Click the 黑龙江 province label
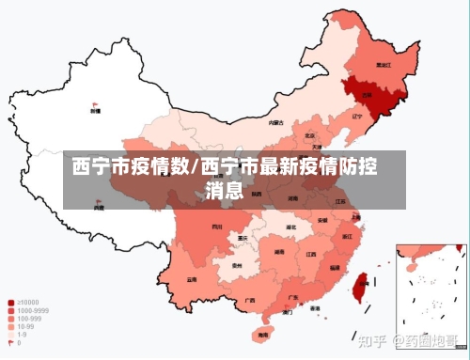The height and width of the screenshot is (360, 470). [x=382, y=66]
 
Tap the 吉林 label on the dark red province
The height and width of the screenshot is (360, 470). [x=367, y=96]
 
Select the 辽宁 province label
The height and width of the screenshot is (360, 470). [x=355, y=117]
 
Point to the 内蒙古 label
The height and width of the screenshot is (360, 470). [x=275, y=122]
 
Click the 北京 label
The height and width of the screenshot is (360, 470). [x=310, y=135]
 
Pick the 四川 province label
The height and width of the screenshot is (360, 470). [x=217, y=227]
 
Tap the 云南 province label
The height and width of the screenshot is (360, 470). [x=192, y=279]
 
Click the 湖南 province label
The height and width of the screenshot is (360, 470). [x=279, y=252]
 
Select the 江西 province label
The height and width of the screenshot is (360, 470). [x=310, y=254]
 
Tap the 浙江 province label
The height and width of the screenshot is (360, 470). [x=348, y=236]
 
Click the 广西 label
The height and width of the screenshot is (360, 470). [x=249, y=300]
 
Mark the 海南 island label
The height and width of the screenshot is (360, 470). [x=260, y=334]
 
